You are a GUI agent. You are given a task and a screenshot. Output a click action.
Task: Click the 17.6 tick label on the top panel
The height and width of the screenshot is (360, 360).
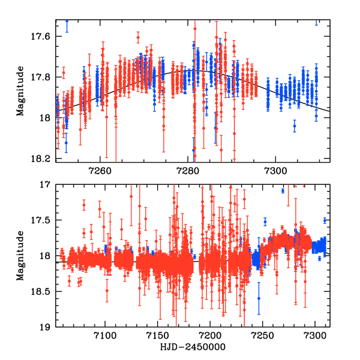(43, 37)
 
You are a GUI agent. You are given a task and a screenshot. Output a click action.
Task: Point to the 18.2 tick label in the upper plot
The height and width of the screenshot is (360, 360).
(43, 158)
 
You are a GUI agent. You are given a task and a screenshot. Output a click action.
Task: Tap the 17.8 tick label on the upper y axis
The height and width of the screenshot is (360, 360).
(43, 77)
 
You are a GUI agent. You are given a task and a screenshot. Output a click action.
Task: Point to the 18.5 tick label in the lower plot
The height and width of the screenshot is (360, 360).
(43, 292)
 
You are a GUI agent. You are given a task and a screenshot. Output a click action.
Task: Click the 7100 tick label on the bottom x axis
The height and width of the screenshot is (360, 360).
(105, 338)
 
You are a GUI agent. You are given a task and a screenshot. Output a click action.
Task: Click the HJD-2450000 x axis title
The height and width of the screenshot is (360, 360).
(190, 348)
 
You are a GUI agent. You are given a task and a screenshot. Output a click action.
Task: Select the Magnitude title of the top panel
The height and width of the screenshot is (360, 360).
(21, 90)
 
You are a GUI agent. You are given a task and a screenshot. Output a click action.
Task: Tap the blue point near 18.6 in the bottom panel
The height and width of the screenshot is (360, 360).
(259, 298)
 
